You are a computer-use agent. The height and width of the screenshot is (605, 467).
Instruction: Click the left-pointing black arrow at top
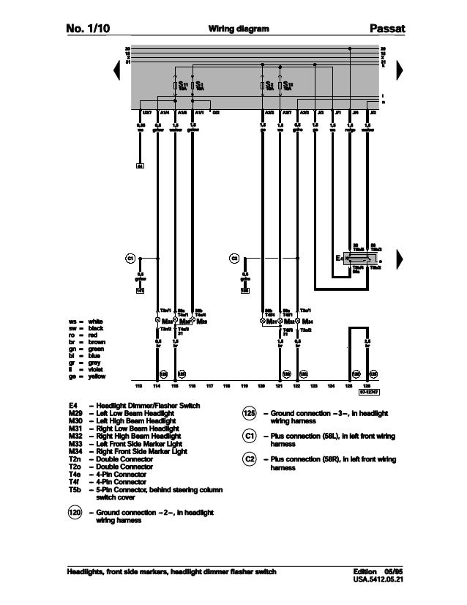(x=116, y=70)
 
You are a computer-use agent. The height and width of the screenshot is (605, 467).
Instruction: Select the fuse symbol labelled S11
(x=174, y=86)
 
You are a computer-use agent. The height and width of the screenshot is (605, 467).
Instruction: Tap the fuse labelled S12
(x=280, y=86)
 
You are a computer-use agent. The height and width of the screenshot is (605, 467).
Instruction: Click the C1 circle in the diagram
(x=130, y=258)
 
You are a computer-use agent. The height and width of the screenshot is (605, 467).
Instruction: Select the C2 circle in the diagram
(x=234, y=258)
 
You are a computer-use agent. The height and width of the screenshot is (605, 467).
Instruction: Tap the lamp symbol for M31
(x=263, y=321)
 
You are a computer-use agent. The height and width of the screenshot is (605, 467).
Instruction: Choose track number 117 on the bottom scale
(x=209, y=385)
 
